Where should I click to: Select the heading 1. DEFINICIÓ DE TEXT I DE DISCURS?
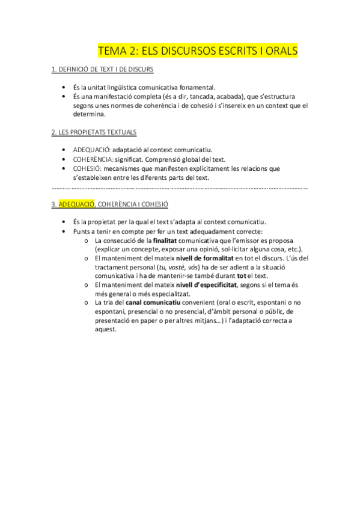click(102, 70)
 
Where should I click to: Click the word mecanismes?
click(124, 168)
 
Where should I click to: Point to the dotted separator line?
click(180, 188)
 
